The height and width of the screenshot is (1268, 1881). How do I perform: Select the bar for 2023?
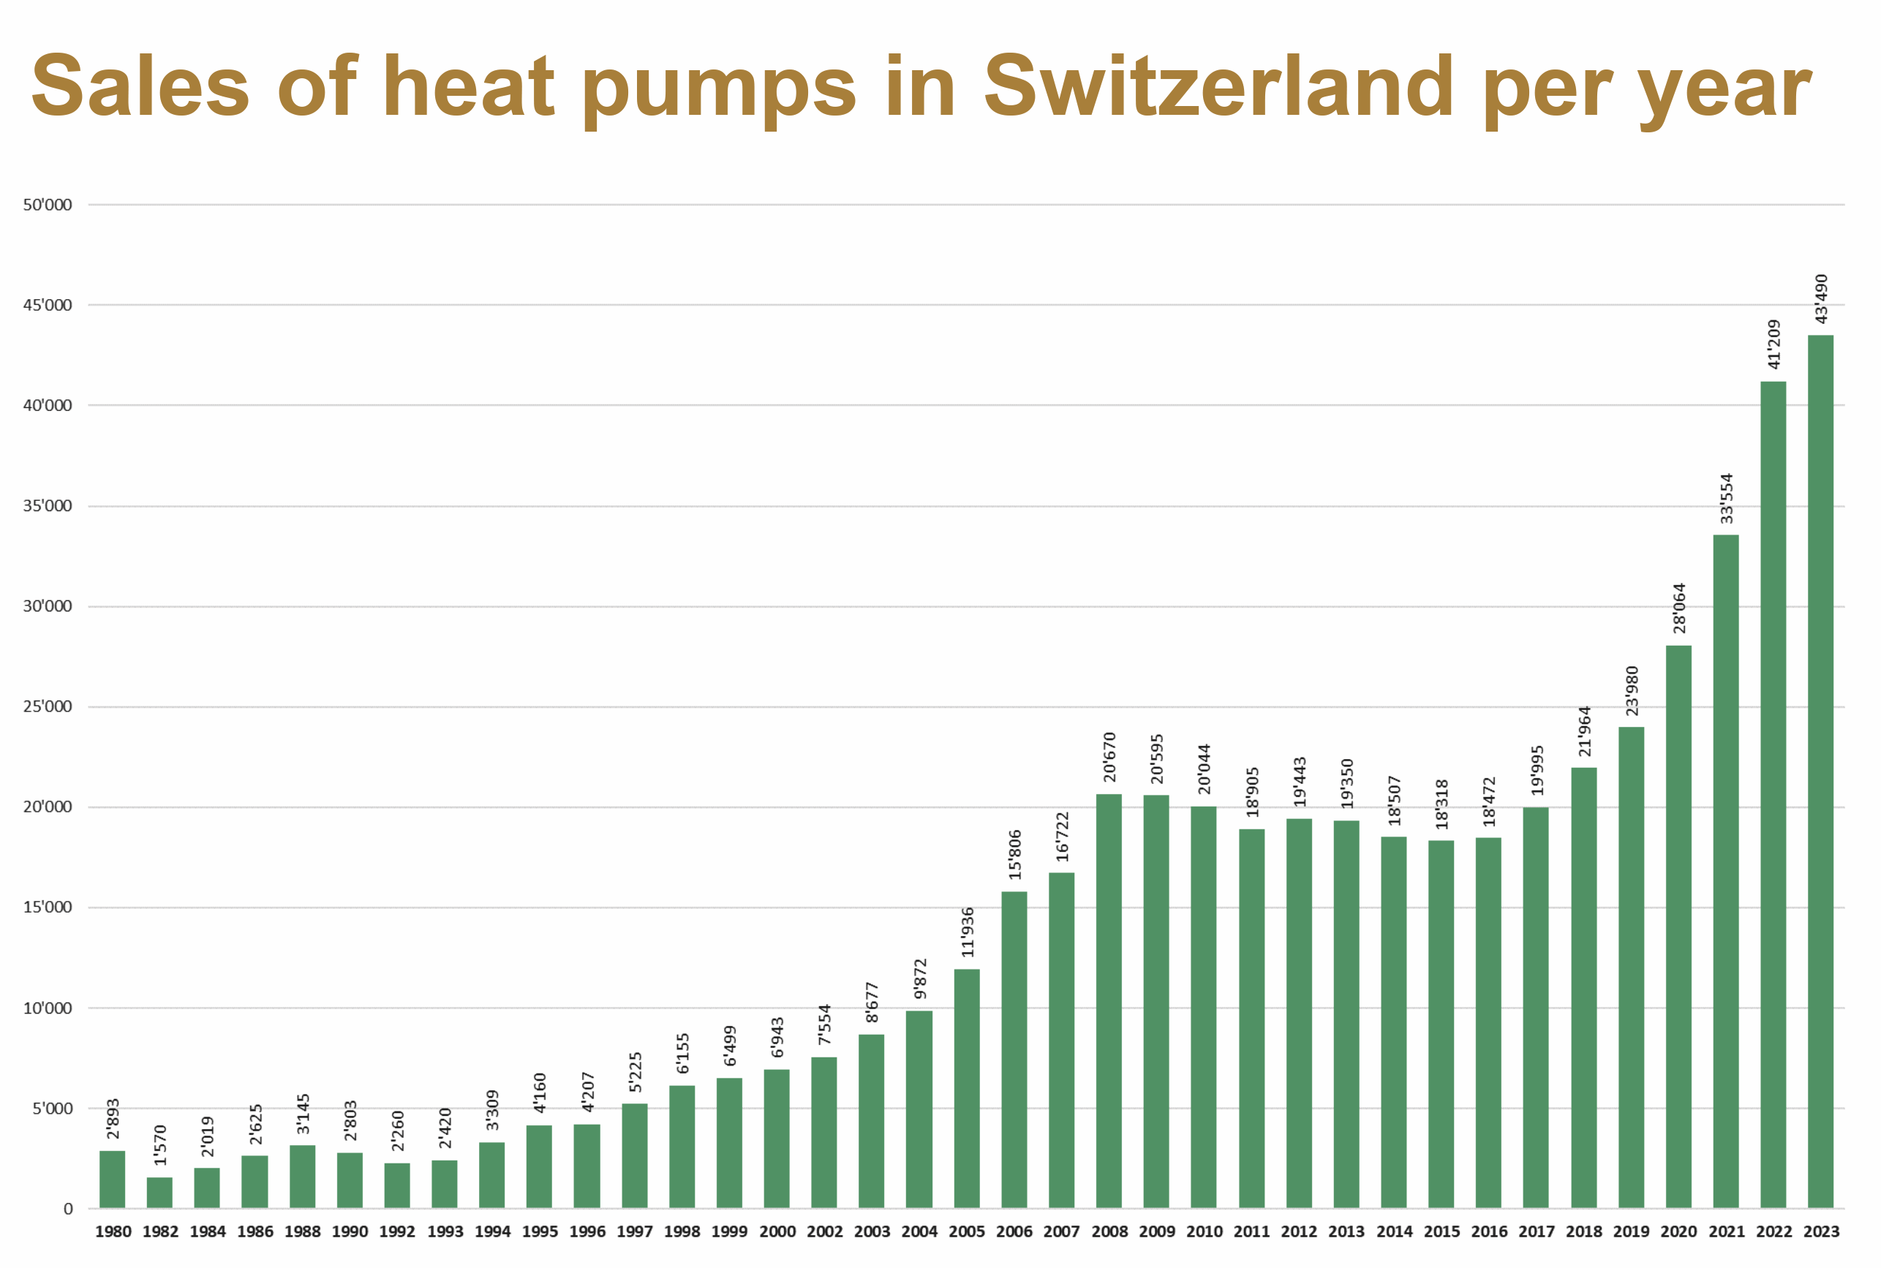pos(1820,771)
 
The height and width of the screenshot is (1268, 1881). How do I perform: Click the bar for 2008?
pos(1109,1001)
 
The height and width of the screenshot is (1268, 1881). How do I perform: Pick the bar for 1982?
pos(159,1193)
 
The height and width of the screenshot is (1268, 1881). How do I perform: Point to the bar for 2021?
pos(1725,872)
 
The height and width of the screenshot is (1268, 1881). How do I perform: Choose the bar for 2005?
pos(966,1088)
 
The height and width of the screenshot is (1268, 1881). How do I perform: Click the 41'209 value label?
pos(1773,344)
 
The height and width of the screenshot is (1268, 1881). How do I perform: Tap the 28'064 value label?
pos(1679,608)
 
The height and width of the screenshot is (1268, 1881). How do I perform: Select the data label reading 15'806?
pos(1015,855)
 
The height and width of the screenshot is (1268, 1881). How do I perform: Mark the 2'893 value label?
pos(113,1118)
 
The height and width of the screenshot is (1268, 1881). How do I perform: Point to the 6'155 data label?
pos(682,1053)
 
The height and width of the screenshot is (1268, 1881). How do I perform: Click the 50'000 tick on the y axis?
pos(47,205)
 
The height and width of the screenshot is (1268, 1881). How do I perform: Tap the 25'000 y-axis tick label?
pos(47,707)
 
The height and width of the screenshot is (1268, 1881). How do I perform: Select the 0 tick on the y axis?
pos(68,1209)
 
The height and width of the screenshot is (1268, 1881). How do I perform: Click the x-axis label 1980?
pos(113,1231)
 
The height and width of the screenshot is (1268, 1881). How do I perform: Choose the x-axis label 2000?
pos(777,1231)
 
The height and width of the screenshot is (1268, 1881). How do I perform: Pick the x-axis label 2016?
pos(1489,1231)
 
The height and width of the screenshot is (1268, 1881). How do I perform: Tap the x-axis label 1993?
pos(445,1231)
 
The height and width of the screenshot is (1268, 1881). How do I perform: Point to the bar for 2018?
pos(1583,988)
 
